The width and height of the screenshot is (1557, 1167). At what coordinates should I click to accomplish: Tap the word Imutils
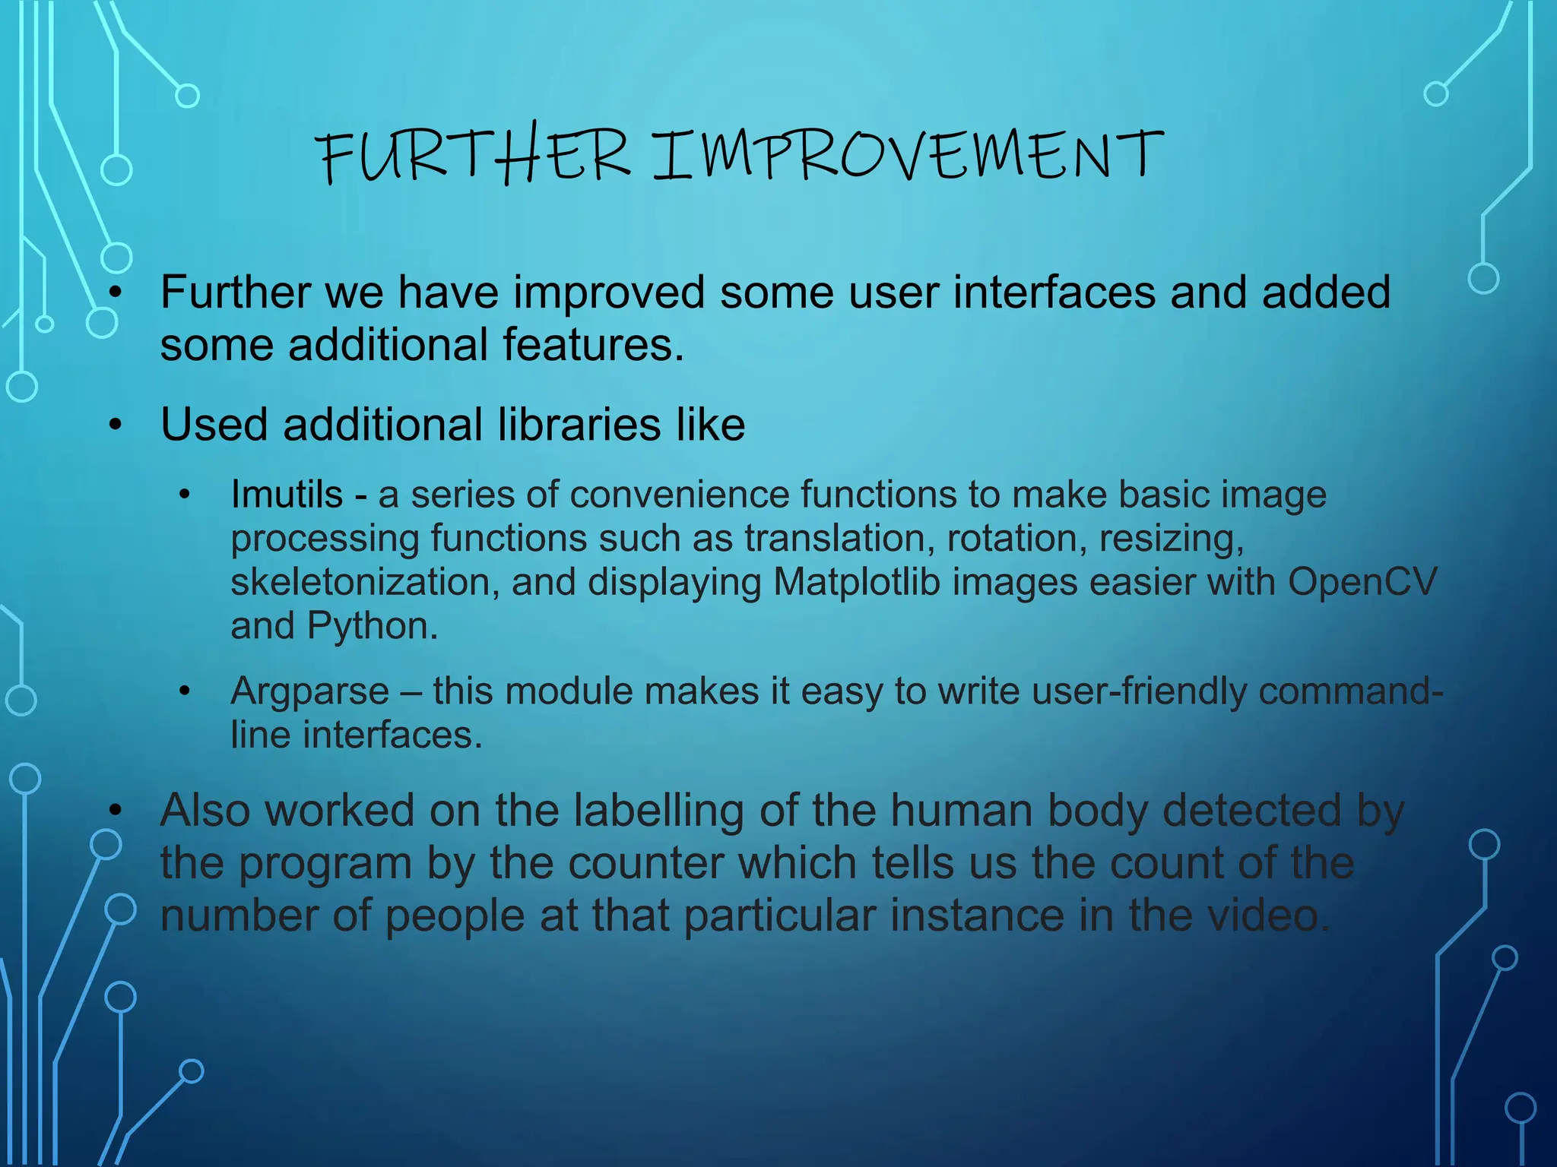pos(287,495)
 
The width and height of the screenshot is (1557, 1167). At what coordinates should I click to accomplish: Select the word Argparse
pos(309,691)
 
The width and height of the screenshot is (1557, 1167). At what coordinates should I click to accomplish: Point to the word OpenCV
pos(1362,582)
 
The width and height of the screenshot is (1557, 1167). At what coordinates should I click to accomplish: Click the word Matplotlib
pos(857,582)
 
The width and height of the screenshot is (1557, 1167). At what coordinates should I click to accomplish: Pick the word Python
pos(372,626)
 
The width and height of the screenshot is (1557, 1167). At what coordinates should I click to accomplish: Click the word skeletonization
pos(364,582)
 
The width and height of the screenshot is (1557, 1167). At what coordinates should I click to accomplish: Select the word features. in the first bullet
pos(593,345)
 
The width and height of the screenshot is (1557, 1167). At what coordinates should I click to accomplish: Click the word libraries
pos(579,424)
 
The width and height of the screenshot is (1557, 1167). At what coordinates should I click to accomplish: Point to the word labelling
pos(658,811)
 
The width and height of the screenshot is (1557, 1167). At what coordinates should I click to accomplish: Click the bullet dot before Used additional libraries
pos(115,425)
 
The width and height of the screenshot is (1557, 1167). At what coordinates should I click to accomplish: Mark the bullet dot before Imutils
pos(185,495)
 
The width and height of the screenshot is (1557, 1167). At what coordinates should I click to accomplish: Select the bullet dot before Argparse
pos(185,692)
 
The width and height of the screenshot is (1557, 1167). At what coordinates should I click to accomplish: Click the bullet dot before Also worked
pos(115,811)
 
